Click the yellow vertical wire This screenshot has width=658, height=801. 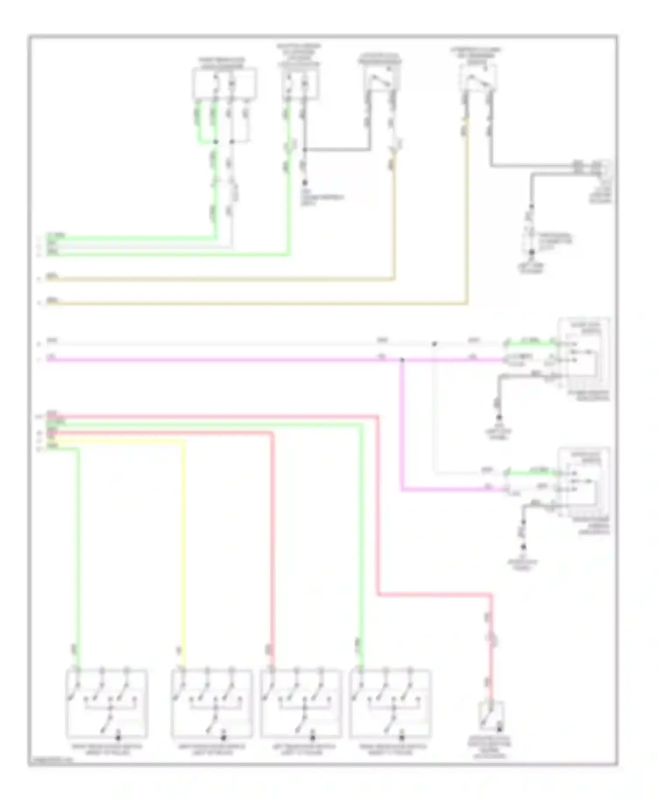pos(183,548)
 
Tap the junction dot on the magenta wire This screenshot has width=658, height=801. pos(402,360)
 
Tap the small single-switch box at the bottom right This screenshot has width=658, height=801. pos(491,716)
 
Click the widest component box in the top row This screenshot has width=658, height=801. pos(225,83)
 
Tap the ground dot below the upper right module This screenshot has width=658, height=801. pos(499,418)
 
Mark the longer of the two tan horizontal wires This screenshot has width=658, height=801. pos(254,303)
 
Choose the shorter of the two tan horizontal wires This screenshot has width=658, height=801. pos(219,279)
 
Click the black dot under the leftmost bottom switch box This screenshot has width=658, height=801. pos(118,738)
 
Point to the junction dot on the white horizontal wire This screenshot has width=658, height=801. pos(434,344)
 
